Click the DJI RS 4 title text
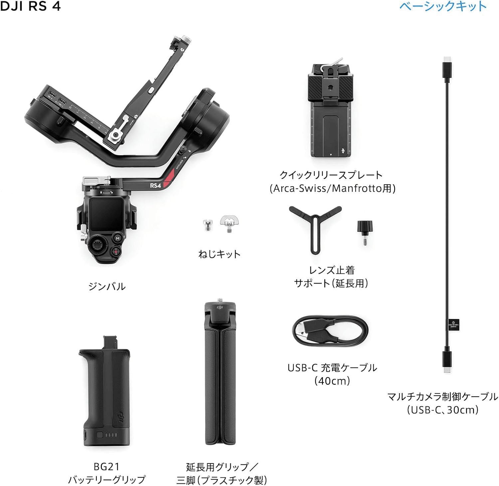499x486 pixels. [30, 6]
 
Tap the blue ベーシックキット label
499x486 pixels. [443, 6]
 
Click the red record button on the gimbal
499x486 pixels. [115, 252]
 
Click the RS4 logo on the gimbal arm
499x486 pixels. [155, 185]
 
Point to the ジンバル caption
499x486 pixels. [107, 286]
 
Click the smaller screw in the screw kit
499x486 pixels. [208, 225]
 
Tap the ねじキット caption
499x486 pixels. [219, 254]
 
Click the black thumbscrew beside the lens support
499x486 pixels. [365, 232]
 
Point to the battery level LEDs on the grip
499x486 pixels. [111, 435]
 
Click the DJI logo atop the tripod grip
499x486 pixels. [220, 308]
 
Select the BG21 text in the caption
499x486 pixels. [106, 467]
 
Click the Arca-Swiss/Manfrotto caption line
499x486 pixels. [332, 188]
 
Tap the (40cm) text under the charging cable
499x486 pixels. [332, 381]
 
